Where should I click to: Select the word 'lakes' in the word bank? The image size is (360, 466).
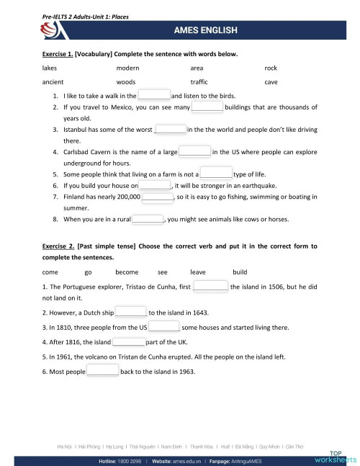tap(51, 68)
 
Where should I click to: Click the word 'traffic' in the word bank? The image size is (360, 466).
tap(199, 82)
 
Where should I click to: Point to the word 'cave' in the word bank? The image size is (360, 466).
tap(271, 82)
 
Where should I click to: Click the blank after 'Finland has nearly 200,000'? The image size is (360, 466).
tap(158, 196)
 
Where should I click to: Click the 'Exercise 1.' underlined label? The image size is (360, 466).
tap(58, 54)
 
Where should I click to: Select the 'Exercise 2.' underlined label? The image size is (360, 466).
tap(58, 246)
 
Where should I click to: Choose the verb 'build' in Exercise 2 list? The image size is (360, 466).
tap(240, 272)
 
